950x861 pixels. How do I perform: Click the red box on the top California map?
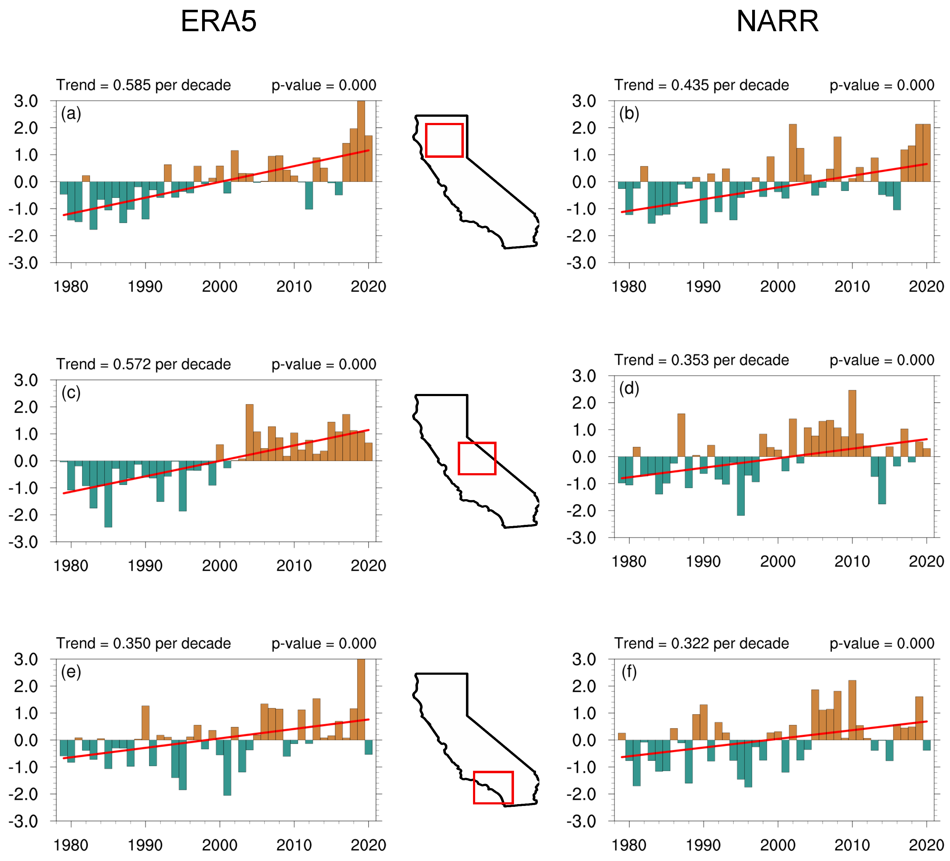click(x=444, y=140)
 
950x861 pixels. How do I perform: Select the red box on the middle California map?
click(x=477, y=458)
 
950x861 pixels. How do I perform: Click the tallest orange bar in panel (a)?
click(x=361, y=141)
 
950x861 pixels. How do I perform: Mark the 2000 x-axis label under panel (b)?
click(x=778, y=287)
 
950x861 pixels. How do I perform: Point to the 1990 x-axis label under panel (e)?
click(x=145, y=845)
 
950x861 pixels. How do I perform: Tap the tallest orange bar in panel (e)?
click(x=361, y=700)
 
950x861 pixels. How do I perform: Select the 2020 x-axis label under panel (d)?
click(x=926, y=562)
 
